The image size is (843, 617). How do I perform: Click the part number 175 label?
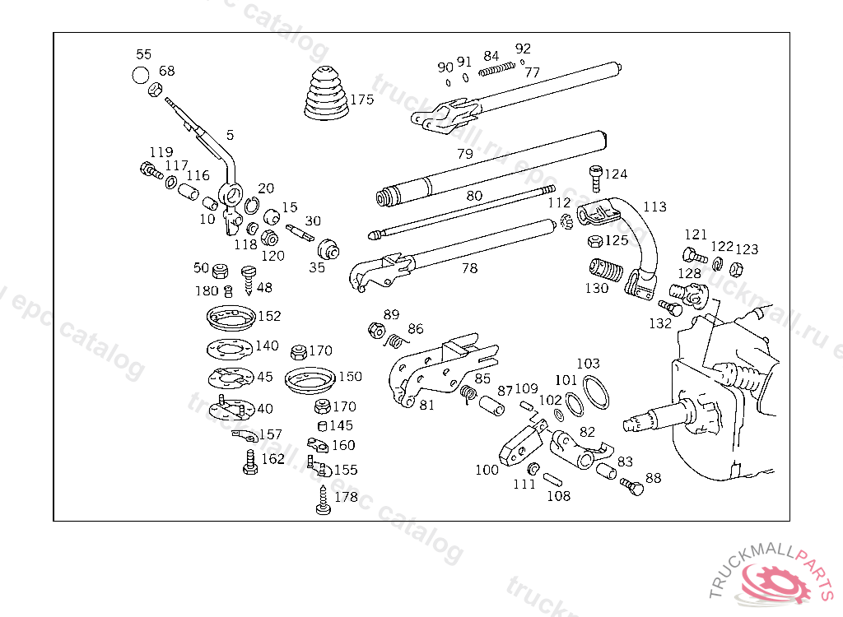[361, 100]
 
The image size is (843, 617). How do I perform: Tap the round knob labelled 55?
[140, 75]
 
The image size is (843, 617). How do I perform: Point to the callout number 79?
[465, 154]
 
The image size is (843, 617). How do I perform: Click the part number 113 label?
[654, 206]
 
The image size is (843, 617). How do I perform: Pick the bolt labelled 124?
[595, 174]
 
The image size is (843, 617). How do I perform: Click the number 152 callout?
[269, 316]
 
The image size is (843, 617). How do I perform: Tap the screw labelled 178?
[324, 501]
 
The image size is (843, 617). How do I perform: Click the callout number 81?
[426, 406]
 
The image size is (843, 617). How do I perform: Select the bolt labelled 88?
[632, 485]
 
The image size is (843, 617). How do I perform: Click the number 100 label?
[487, 470]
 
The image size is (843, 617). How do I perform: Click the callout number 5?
[230, 134]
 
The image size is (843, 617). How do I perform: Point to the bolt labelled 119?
[150, 170]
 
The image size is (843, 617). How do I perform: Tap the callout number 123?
[747, 249]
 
